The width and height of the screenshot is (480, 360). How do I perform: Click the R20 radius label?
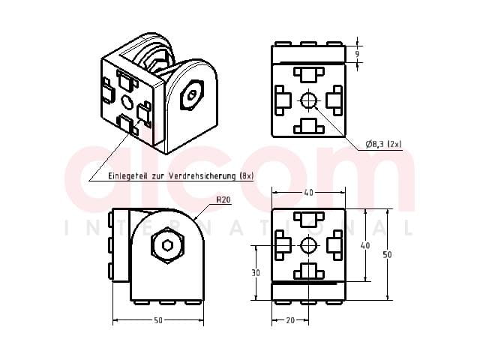pyautogui.click(x=223, y=200)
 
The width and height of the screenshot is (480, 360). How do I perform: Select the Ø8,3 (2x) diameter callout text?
pyautogui.click(x=383, y=144)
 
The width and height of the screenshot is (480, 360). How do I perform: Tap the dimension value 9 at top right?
pyautogui.click(x=357, y=54)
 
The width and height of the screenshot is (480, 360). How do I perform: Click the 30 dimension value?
pyautogui.click(x=256, y=272)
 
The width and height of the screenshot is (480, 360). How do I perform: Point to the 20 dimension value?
pyautogui.click(x=290, y=320)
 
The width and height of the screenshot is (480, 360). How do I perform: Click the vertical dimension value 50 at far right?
pyautogui.click(x=387, y=254)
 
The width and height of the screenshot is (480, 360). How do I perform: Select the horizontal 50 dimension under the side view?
pyautogui.click(x=158, y=320)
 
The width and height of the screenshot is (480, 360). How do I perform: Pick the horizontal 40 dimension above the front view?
pyautogui.click(x=308, y=193)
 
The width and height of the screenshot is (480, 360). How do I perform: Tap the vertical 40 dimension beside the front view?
pyautogui.click(x=365, y=245)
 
